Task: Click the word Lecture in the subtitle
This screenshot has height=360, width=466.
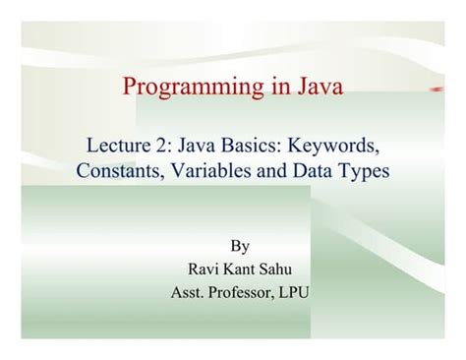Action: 122,146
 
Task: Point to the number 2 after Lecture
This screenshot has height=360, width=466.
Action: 165,146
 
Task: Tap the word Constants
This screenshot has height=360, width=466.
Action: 117,170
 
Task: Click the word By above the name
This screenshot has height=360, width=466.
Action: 239,246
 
